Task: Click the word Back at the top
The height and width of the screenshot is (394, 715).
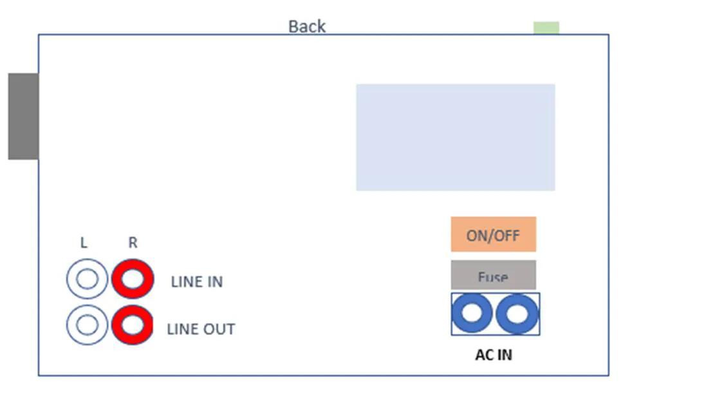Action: coord(307,26)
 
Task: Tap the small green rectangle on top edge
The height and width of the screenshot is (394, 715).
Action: coord(546,28)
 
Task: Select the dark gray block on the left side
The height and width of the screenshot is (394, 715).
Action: coord(23,116)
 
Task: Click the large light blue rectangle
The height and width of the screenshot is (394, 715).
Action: coord(456,137)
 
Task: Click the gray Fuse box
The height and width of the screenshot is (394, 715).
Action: coord(493,275)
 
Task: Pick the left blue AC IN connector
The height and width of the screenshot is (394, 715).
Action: coord(472,314)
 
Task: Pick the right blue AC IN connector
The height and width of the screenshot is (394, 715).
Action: coord(517,314)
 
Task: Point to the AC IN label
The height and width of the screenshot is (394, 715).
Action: coord(494,354)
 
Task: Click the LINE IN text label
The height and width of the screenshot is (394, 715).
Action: coord(197,282)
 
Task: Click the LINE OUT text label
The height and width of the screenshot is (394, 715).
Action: coord(201,329)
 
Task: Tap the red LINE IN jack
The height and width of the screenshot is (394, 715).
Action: coord(133,279)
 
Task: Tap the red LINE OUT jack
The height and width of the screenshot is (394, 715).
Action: coord(133,325)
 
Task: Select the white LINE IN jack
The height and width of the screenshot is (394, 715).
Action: coord(87,279)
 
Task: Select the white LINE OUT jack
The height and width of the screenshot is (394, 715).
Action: coord(87,325)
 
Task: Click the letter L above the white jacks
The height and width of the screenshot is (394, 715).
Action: coord(84,243)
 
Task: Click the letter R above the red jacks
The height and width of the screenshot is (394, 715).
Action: coord(133,243)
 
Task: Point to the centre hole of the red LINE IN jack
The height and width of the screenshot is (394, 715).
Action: coord(133,279)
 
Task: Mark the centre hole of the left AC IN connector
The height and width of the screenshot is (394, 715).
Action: coord(472,314)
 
